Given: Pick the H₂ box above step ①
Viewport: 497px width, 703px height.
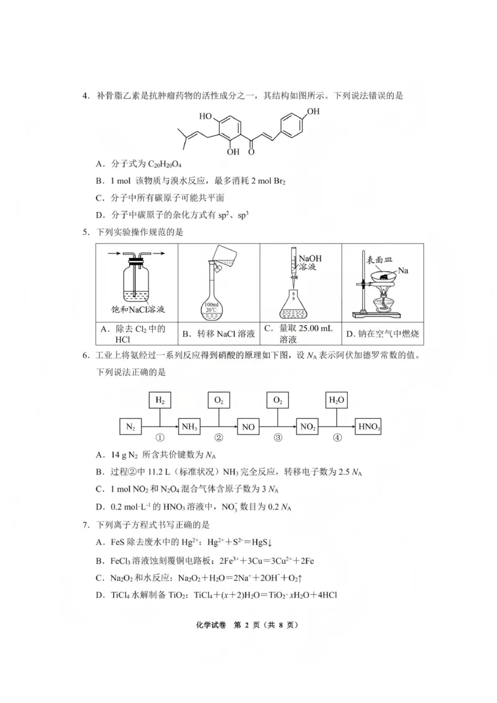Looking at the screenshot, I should point(160,401).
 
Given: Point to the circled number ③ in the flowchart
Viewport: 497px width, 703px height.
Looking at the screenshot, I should point(278,437).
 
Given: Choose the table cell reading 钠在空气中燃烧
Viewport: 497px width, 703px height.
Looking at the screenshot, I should point(383,334).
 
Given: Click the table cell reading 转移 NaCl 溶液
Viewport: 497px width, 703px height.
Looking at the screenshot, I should point(218,334).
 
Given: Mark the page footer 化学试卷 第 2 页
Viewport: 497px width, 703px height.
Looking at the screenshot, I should point(248,625).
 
